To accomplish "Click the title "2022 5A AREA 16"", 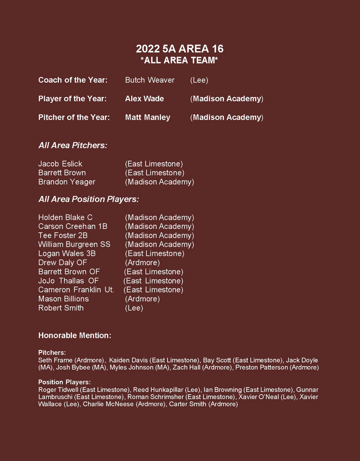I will click(179, 49).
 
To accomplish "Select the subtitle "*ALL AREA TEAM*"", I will click(179, 60).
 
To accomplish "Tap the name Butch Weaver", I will click(149, 80).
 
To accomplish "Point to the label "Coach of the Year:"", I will click(73, 80).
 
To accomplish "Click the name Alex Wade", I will click(144, 99).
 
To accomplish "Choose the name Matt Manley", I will click(148, 117).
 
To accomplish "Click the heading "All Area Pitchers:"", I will click(73, 145).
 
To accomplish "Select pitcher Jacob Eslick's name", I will click(60, 164).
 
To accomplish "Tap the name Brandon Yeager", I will click(67, 182).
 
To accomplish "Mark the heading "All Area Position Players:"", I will click(88, 199).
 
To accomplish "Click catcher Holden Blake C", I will click(65, 217).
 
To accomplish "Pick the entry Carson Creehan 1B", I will click(73, 227).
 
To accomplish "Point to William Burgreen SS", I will click(74, 245).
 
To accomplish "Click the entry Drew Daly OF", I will click(63, 263).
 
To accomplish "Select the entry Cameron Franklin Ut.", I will click(76, 290).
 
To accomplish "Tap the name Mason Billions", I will click(63, 299).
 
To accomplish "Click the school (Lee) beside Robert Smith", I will click(134, 308).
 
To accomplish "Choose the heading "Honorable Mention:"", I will click(75, 335).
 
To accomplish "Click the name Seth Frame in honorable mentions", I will click(55, 360).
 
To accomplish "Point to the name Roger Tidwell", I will click(58, 390).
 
